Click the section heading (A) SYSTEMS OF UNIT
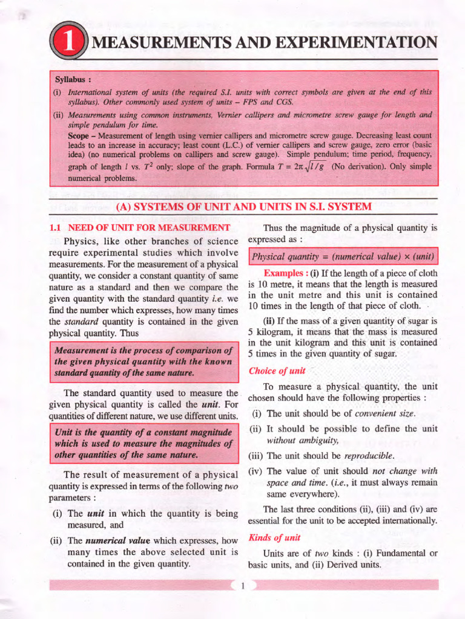pos(243,207)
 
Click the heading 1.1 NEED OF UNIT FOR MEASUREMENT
pos(139,228)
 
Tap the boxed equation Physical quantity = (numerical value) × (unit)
pos(344,256)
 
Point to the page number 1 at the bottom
pos(242,585)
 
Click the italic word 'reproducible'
pos(368,455)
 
